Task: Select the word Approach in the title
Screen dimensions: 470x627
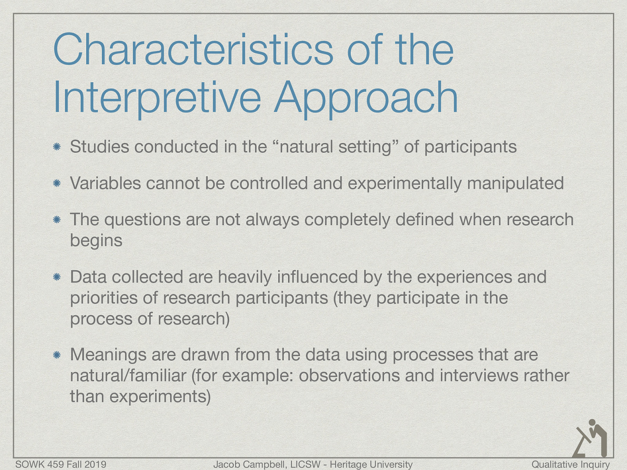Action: click(366, 98)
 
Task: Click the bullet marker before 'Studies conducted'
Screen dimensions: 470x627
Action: click(57, 147)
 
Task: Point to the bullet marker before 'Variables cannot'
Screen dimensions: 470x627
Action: click(57, 183)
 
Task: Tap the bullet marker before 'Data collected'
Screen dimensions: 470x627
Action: click(57, 277)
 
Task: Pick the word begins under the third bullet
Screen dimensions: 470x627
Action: click(96, 240)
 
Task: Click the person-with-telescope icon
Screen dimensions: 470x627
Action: click(591, 438)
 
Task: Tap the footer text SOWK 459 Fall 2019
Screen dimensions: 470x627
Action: click(61, 465)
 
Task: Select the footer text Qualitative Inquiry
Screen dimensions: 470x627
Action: click(571, 465)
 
